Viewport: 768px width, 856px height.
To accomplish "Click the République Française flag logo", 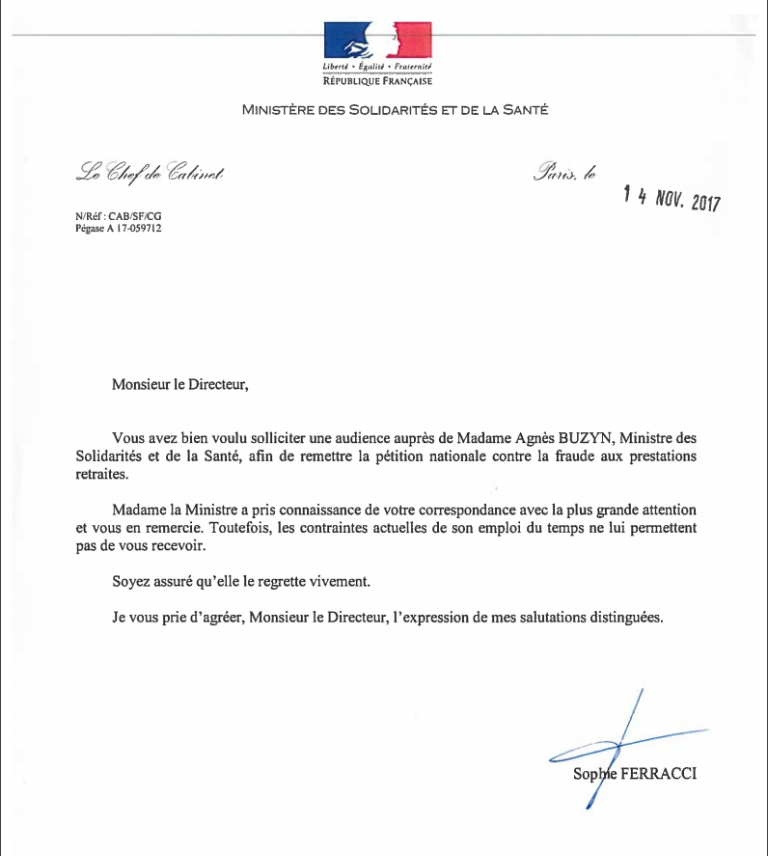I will [x=376, y=40].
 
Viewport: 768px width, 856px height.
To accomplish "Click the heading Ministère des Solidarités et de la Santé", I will [x=396, y=110].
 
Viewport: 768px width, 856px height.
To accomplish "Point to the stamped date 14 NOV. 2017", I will [x=672, y=198].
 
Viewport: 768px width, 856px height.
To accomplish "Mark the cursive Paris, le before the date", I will [x=564, y=175].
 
